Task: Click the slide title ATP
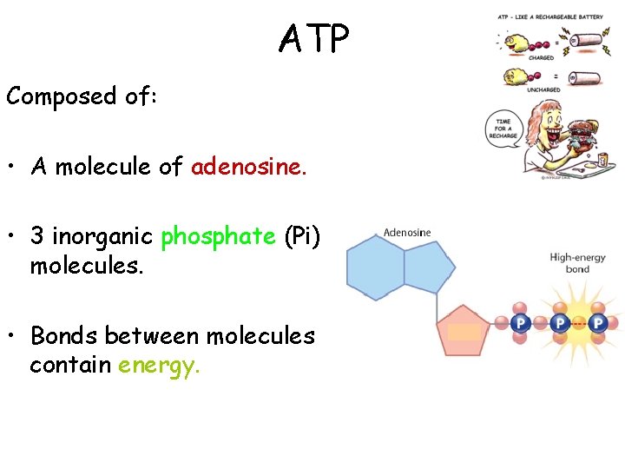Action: (313, 39)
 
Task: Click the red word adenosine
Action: (249, 167)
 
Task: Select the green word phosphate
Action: (218, 235)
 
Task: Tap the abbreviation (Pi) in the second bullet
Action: (303, 235)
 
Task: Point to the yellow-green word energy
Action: (159, 365)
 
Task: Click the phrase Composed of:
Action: (82, 96)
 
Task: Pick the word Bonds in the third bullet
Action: (62, 336)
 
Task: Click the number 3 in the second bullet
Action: (37, 235)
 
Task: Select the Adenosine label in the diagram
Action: (407, 233)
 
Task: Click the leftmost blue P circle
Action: (520, 323)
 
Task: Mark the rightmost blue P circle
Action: (598, 323)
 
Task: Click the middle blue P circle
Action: (560, 323)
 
